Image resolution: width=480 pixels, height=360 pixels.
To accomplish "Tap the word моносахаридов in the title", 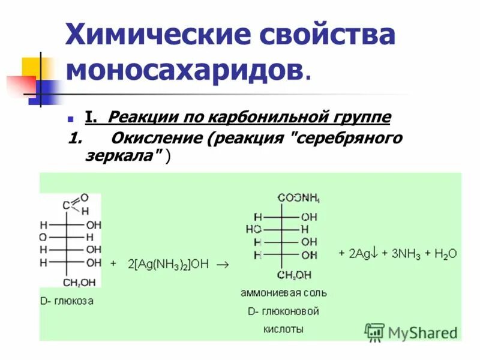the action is [184, 71].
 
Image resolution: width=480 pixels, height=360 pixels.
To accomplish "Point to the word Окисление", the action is [155, 139].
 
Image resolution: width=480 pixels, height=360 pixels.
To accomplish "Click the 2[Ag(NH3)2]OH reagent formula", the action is [168, 263].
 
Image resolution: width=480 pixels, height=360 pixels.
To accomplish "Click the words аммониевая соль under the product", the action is [284, 293].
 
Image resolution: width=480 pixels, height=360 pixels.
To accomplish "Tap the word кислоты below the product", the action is [283, 329].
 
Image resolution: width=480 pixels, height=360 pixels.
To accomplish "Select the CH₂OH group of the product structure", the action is [293, 275].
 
